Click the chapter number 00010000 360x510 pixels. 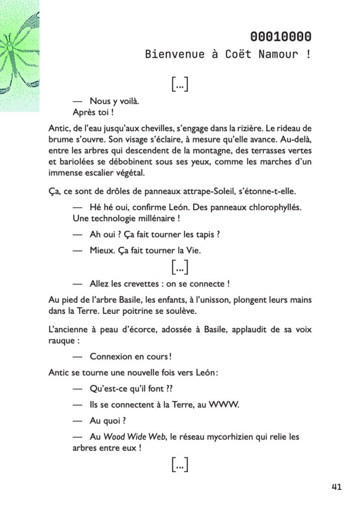281,36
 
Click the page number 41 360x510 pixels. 336,487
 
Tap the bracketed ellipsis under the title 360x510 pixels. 179,84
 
